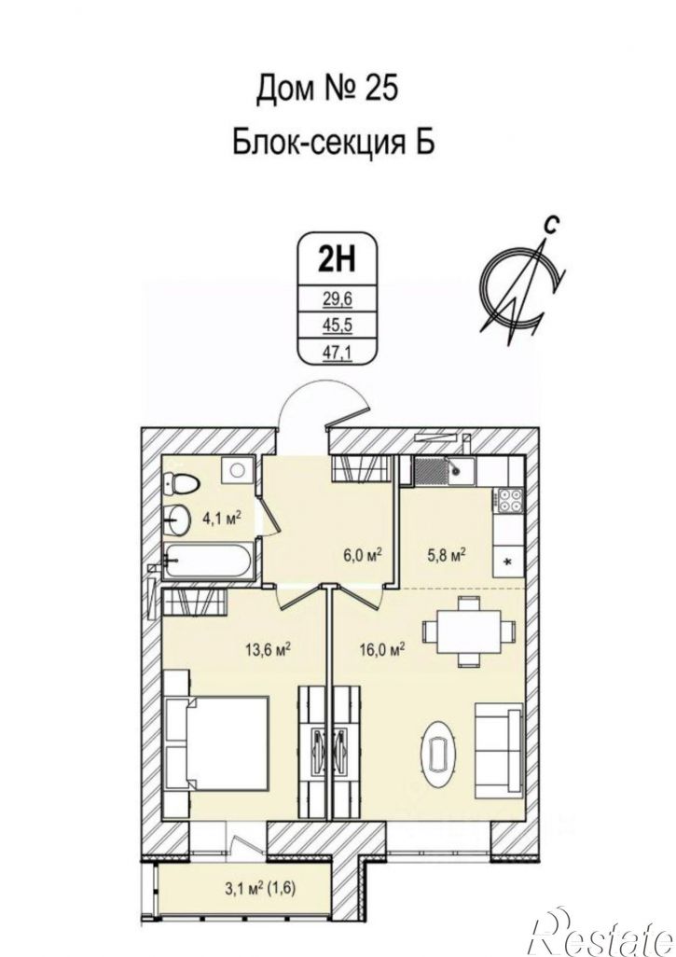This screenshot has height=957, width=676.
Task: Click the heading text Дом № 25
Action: [326, 88]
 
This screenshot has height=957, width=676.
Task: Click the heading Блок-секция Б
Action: [334, 143]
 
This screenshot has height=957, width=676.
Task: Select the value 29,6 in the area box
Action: [337, 299]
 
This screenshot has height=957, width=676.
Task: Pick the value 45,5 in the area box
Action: [337, 325]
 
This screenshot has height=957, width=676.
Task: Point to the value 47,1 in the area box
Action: [337, 351]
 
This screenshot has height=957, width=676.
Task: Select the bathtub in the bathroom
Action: [207, 561]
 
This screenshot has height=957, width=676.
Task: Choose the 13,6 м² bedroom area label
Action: [267, 649]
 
